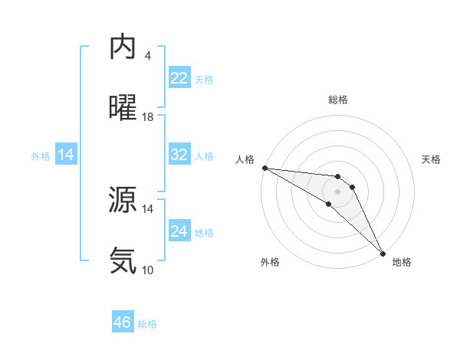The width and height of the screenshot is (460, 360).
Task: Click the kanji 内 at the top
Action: (x=123, y=47)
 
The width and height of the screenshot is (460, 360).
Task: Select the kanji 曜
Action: (x=123, y=108)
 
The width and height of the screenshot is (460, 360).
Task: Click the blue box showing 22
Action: (x=179, y=78)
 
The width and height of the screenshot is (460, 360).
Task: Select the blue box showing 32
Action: (x=179, y=155)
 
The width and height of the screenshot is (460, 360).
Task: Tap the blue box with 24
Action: (x=179, y=231)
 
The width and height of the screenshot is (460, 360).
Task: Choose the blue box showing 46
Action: (x=123, y=322)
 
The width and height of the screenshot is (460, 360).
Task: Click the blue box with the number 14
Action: (x=66, y=155)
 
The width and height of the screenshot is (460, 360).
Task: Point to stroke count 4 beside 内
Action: (x=148, y=56)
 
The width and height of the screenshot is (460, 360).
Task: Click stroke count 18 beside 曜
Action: (x=148, y=117)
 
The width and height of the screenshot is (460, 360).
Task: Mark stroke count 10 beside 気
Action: (x=148, y=270)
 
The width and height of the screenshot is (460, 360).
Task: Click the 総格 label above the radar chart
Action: (x=338, y=100)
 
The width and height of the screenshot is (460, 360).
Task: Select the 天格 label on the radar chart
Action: (x=432, y=159)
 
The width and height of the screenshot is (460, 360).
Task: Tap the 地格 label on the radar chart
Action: (x=402, y=262)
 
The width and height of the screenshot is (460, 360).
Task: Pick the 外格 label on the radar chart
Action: (x=270, y=262)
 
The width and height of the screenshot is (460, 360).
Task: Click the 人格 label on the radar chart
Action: (x=244, y=159)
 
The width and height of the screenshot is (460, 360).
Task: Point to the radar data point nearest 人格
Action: (x=264, y=168)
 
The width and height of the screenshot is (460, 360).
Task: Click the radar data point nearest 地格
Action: (x=382, y=252)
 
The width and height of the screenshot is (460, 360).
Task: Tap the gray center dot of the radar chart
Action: (x=337, y=191)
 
